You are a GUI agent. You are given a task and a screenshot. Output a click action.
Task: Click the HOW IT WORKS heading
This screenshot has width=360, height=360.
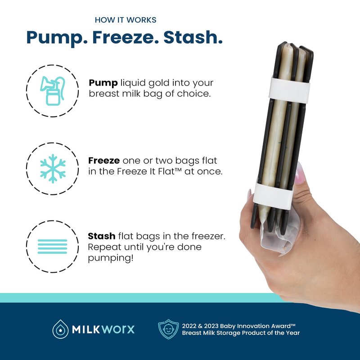(x=126, y=20)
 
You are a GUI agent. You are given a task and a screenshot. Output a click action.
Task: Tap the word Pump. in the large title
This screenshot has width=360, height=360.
(x=57, y=38)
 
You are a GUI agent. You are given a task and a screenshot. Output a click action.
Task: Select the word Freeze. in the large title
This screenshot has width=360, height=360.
(x=126, y=37)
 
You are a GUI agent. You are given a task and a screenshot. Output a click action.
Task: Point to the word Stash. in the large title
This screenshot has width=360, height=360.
(x=193, y=37)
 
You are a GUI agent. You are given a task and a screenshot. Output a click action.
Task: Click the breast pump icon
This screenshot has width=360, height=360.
(x=53, y=91)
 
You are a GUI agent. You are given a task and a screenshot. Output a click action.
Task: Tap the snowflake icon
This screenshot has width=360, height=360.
(x=53, y=168)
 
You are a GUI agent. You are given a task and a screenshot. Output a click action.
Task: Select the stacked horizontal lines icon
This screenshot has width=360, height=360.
(x=52, y=246)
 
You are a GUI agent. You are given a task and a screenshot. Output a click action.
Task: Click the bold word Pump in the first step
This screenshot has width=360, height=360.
(x=103, y=83)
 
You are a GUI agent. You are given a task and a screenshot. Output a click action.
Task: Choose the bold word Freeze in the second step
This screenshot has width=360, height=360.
(x=104, y=161)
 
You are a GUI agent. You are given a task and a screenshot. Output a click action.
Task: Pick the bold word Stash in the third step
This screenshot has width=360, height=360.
(x=102, y=236)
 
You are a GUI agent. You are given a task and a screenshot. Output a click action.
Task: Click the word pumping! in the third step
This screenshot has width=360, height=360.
(x=111, y=258)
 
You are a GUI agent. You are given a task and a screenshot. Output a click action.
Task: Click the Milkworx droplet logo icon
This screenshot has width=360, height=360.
(x=60, y=329)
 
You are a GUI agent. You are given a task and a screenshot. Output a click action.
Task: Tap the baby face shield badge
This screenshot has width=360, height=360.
(x=168, y=329)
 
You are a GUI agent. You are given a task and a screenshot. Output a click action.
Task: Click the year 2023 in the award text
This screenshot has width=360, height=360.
(x=211, y=326)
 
